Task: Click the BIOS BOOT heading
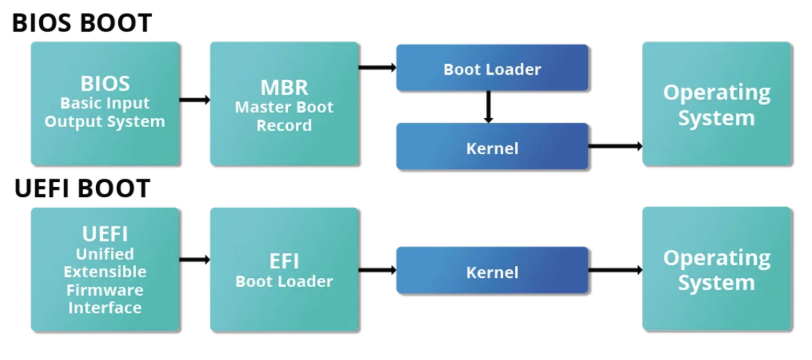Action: (82, 23)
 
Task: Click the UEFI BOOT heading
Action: (82, 189)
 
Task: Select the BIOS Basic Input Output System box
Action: (105, 104)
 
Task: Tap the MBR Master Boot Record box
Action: (284, 104)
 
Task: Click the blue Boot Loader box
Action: (492, 69)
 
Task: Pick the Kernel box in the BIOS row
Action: (492, 148)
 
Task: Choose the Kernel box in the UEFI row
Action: (492, 272)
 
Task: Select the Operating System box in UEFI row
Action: (716, 269)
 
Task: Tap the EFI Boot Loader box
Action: (284, 269)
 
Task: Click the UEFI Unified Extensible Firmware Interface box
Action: (105, 269)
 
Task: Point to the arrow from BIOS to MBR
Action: (195, 99)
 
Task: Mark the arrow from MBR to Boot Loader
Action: (377, 67)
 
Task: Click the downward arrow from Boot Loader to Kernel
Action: (488, 107)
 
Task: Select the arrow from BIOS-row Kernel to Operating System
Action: (615, 146)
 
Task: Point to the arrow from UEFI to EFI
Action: (195, 259)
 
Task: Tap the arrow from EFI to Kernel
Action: (377, 270)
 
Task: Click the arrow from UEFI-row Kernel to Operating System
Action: (615, 270)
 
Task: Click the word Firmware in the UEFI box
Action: (105, 289)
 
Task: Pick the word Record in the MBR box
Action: (284, 126)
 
